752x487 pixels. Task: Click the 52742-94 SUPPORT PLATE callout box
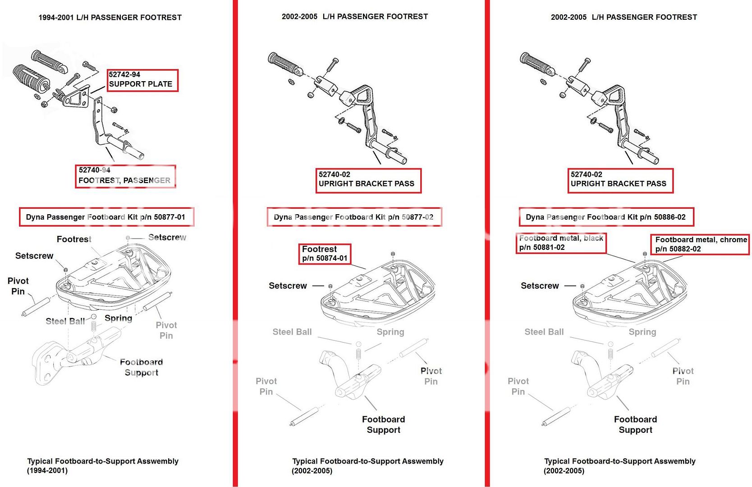pos(142,80)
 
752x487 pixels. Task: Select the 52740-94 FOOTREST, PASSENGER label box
pos(125,176)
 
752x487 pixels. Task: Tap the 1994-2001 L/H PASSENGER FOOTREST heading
pos(110,18)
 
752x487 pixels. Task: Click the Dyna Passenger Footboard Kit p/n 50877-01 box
pos(106,217)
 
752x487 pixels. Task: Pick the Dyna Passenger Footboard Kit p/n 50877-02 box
pos(354,217)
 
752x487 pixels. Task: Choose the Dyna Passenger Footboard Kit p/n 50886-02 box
pos(606,217)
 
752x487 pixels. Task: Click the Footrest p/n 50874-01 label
pos(325,253)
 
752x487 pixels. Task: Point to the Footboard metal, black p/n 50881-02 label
pos(561,243)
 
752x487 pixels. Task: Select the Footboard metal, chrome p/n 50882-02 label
pos(700,244)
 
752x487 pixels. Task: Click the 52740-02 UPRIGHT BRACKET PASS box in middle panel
pos(368,180)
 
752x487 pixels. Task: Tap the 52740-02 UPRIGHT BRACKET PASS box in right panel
pos(620,180)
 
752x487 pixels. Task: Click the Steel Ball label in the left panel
pos(65,321)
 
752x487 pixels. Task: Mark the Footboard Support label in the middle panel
pos(383,424)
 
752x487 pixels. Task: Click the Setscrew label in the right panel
pos(540,285)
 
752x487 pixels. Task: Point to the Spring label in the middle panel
pos(390,332)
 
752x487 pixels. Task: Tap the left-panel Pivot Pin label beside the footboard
pos(18,286)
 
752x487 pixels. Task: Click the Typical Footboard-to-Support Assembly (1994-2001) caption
pos(103,465)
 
